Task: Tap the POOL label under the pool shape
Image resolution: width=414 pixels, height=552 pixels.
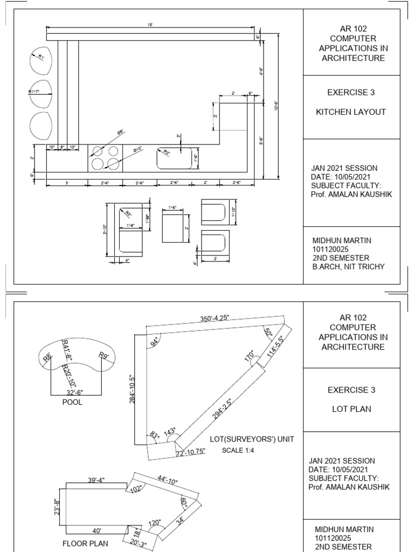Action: point(73,402)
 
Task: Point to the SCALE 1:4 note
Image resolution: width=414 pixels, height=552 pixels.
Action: point(238,451)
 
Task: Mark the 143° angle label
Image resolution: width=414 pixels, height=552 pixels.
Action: point(171,432)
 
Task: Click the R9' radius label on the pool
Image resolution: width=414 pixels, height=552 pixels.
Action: point(103,355)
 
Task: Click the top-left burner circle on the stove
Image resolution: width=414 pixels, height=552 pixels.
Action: point(98,151)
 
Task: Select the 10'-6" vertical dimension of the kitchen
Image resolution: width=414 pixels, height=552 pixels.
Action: point(276,106)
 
